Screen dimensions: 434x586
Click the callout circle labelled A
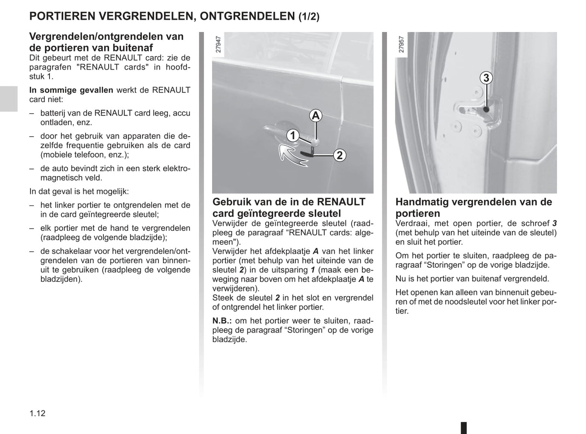coord(316,116)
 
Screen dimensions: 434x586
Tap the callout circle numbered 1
coord(292,135)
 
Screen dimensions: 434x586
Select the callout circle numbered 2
coord(339,155)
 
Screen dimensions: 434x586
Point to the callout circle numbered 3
coord(486,77)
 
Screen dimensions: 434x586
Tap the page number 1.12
coord(37,413)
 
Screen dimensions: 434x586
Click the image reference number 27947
coord(219,45)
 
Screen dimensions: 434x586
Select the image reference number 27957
coord(401,45)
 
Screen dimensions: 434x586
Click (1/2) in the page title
coord(309,17)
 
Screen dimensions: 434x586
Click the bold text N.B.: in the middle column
coord(225,321)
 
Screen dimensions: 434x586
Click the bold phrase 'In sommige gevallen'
coord(71,90)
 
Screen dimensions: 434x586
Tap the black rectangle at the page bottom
coord(464,428)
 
